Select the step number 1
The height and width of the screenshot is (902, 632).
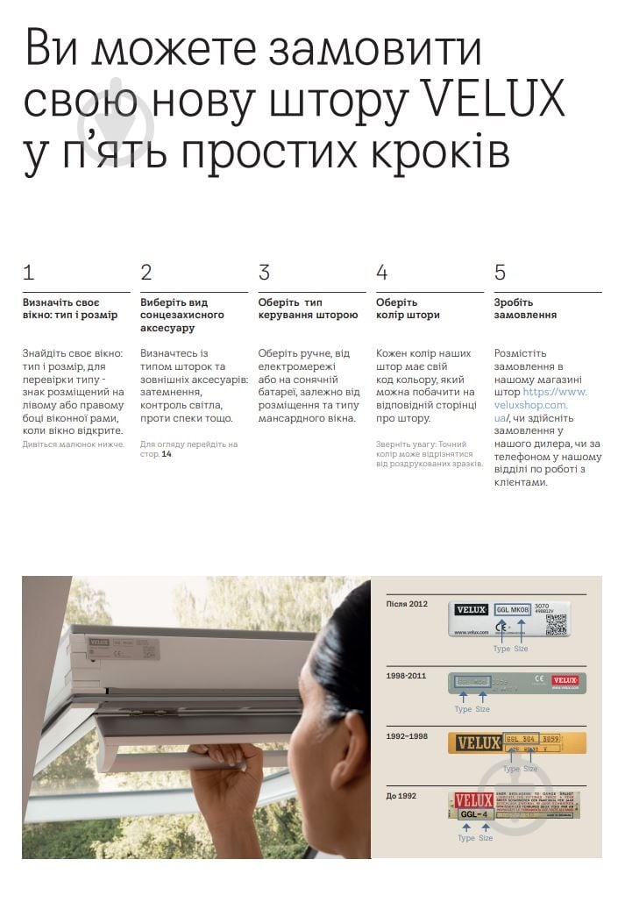[x=29, y=273]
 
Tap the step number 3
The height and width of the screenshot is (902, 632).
[x=264, y=273]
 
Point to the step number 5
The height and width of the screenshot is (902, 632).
[x=500, y=273]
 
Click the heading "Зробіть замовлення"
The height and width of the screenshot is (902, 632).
[x=525, y=309]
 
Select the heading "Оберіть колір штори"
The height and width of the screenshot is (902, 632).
[x=408, y=309]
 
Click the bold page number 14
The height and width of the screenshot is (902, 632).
[x=166, y=454]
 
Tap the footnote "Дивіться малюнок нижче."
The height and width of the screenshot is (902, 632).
[x=74, y=444]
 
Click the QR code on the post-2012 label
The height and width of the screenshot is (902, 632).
[x=556, y=624]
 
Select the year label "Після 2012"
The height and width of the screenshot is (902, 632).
[x=407, y=604]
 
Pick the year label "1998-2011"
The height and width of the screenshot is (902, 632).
[x=407, y=676]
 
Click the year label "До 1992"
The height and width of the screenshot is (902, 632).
[x=401, y=795]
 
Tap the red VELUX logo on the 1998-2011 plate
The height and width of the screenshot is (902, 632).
[x=565, y=680]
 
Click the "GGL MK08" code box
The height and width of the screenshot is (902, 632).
[x=512, y=609]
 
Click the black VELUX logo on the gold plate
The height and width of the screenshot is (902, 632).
[x=476, y=742]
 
